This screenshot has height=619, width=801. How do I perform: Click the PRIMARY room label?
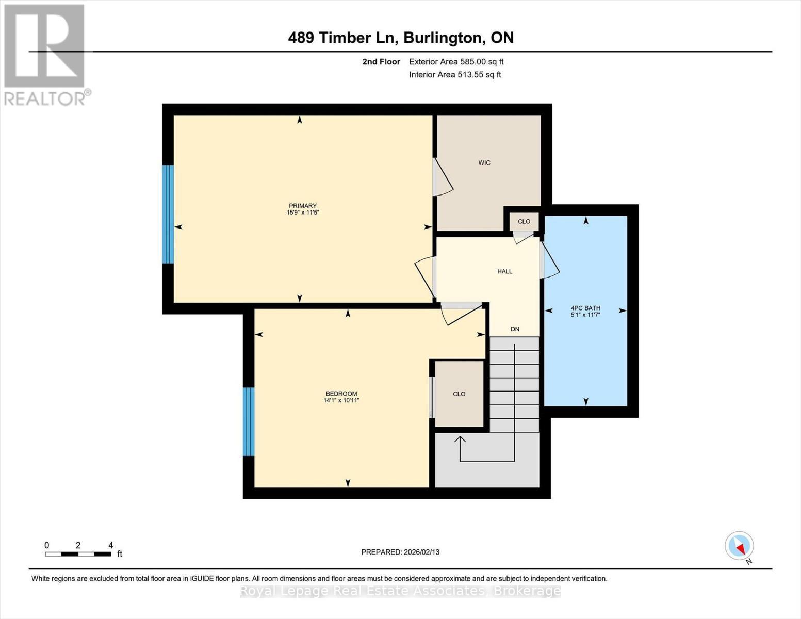click(302, 206)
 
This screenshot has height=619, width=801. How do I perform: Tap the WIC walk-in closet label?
click(484, 163)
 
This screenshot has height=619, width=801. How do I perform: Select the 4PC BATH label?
click(585, 308)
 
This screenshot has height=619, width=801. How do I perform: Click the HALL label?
click(504, 271)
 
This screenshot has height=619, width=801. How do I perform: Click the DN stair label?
click(515, 329)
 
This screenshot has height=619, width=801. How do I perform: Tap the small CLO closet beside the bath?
click(524, 222)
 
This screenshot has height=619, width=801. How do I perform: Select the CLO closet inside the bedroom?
click(459, 394)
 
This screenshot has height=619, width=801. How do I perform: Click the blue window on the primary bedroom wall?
click(168, 214)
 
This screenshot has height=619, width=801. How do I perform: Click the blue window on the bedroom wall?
click(249, 421)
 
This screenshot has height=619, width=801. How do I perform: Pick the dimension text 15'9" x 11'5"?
click(303, 213)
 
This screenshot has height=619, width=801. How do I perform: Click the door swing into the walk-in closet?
click(443, 178)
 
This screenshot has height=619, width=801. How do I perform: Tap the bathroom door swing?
click(550, 260)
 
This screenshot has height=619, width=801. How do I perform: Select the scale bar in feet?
click(78, 554)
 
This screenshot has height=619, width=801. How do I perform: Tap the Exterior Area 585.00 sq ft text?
click(456, 62)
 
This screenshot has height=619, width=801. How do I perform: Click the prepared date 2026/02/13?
click(400, 552)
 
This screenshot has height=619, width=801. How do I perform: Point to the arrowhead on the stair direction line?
click(460, 439)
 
